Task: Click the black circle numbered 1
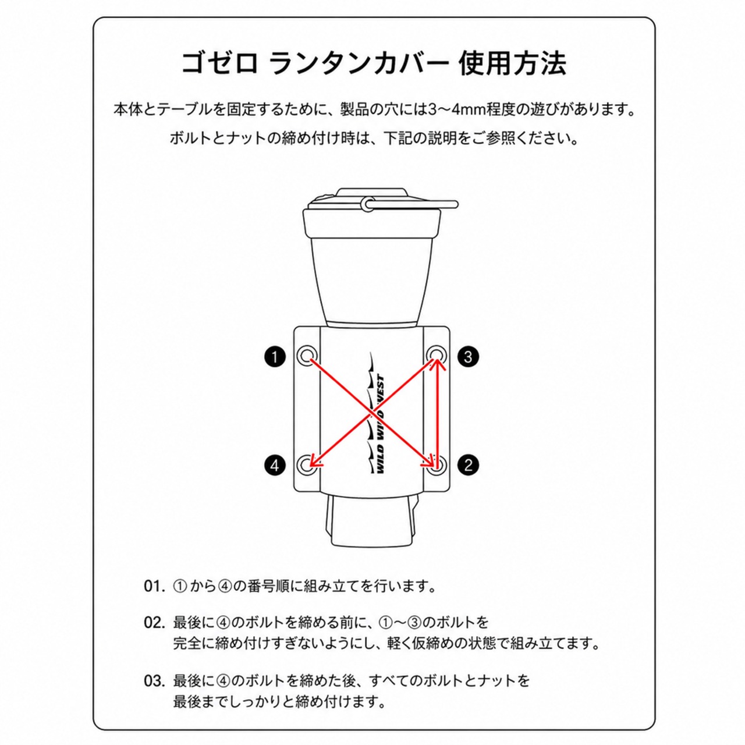point(275,356)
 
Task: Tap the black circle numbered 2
point(468,464)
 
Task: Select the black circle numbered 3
point(468,356)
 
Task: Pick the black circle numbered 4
point(275,464)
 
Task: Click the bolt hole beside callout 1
point(307,354)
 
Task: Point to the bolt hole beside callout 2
point(436,464)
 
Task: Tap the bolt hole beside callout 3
point(436,354)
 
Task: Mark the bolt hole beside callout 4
point(307,464)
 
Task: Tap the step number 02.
point(154,622)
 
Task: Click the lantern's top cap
point(371,198)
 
